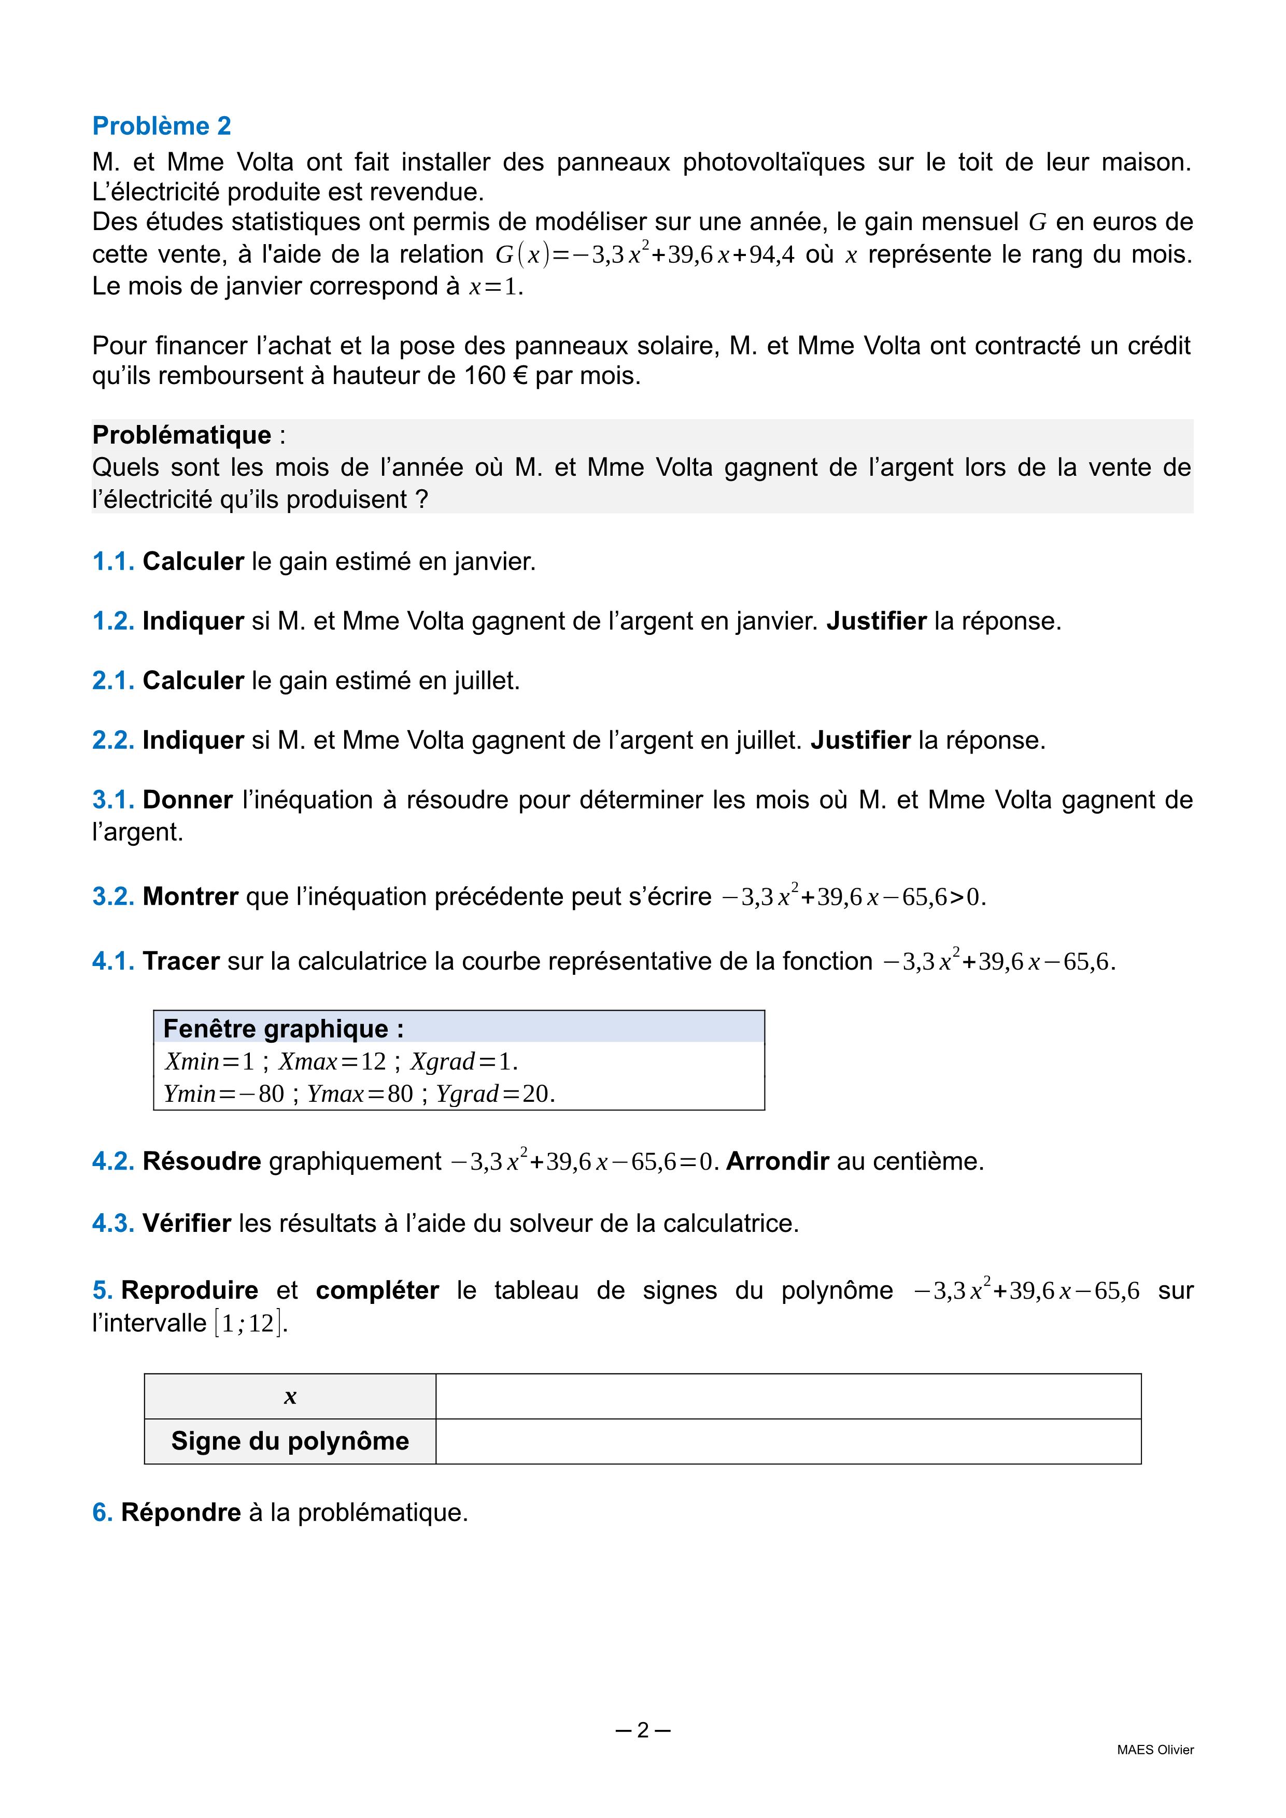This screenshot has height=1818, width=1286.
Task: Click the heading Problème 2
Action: point(162,126)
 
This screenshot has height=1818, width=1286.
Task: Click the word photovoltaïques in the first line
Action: point(774,162)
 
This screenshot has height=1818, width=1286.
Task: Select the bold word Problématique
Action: point(181,435)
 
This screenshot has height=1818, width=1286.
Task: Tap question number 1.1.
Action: point(113,561)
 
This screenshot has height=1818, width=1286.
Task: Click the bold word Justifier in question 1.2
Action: point(876,621)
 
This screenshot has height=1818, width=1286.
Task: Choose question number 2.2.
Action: point(113,741)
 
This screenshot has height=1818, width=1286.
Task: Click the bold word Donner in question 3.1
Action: point(188,800)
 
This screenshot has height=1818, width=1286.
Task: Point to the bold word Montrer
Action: point(190,897)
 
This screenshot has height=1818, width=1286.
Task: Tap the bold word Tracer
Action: point(180,961)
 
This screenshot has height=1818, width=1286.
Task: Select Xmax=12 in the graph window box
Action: point(332,1061)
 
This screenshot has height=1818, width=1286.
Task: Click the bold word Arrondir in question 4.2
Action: point(777,1161)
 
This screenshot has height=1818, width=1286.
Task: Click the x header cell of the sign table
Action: point(290,1397)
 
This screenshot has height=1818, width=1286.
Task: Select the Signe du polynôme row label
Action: point(290,1441)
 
